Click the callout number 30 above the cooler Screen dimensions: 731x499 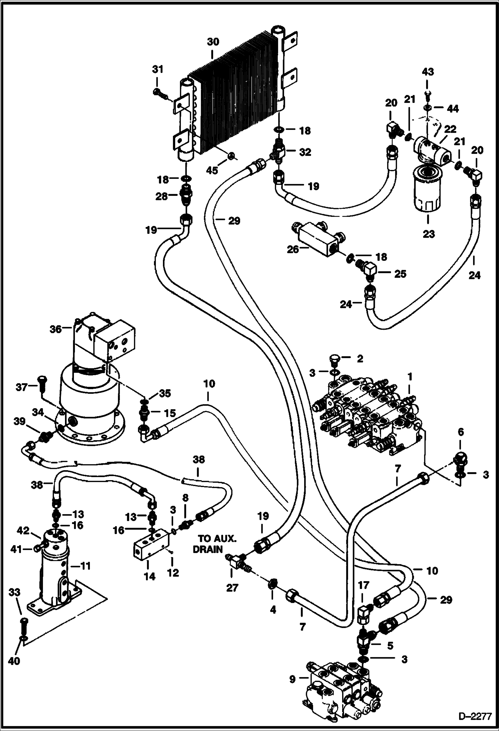coord(213,42)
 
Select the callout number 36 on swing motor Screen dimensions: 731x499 coord(56,329)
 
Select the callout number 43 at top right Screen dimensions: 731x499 coord(428,72)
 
